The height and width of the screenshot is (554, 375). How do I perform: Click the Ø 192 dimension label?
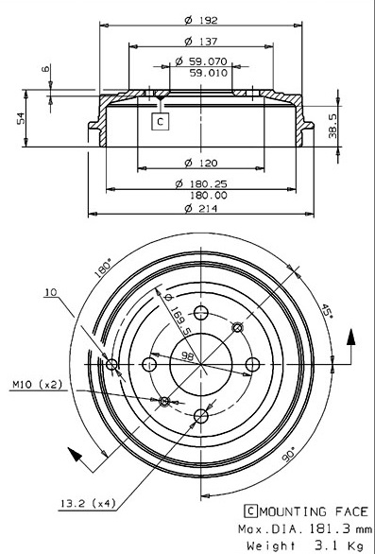(201, 20)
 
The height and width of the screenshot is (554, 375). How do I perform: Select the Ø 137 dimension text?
(201, 42)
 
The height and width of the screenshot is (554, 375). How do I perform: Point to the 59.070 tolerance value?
(208, 61)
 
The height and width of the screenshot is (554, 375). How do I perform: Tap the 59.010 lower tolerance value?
(209, 73)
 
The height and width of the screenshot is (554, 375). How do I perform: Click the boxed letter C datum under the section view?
(161, 122)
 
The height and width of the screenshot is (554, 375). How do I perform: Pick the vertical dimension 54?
(21, 118)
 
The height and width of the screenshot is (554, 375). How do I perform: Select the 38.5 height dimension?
(333, 126)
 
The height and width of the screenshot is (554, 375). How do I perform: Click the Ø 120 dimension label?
(201, 163)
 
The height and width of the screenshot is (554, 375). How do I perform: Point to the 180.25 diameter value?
(209, 183)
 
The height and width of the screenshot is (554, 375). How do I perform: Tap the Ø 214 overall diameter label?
(201, 208)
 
